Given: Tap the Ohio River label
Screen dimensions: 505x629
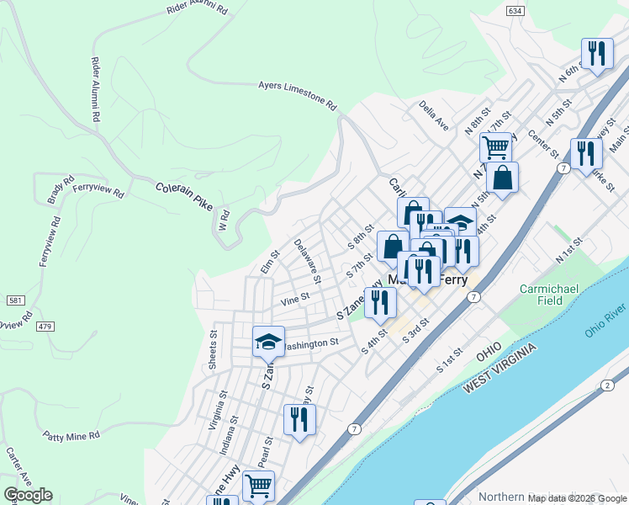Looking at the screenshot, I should click(x=605, y=320).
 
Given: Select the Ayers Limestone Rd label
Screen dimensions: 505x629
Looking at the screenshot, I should click(x=297, y=96).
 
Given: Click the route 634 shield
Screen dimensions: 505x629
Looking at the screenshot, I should click(x=515, y=10).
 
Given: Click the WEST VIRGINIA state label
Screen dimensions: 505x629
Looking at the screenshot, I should click(x=505, y=374).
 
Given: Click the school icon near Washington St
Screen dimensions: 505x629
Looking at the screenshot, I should click(x=268, y=341).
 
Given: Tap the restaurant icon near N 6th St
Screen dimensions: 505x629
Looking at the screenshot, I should click(x=596, y=54).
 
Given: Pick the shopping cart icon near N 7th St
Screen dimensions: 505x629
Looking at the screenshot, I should click(x=496, y=147).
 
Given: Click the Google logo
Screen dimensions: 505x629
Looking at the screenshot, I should click(x=28, y=495).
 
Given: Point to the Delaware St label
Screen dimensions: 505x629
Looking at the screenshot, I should click(x=308, y=259).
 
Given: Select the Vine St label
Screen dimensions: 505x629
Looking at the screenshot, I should click(x=295, y=297).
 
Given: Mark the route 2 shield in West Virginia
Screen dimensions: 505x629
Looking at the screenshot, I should click(x=607, y=385).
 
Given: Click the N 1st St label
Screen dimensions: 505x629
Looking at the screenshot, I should click(x=568, y=249).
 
